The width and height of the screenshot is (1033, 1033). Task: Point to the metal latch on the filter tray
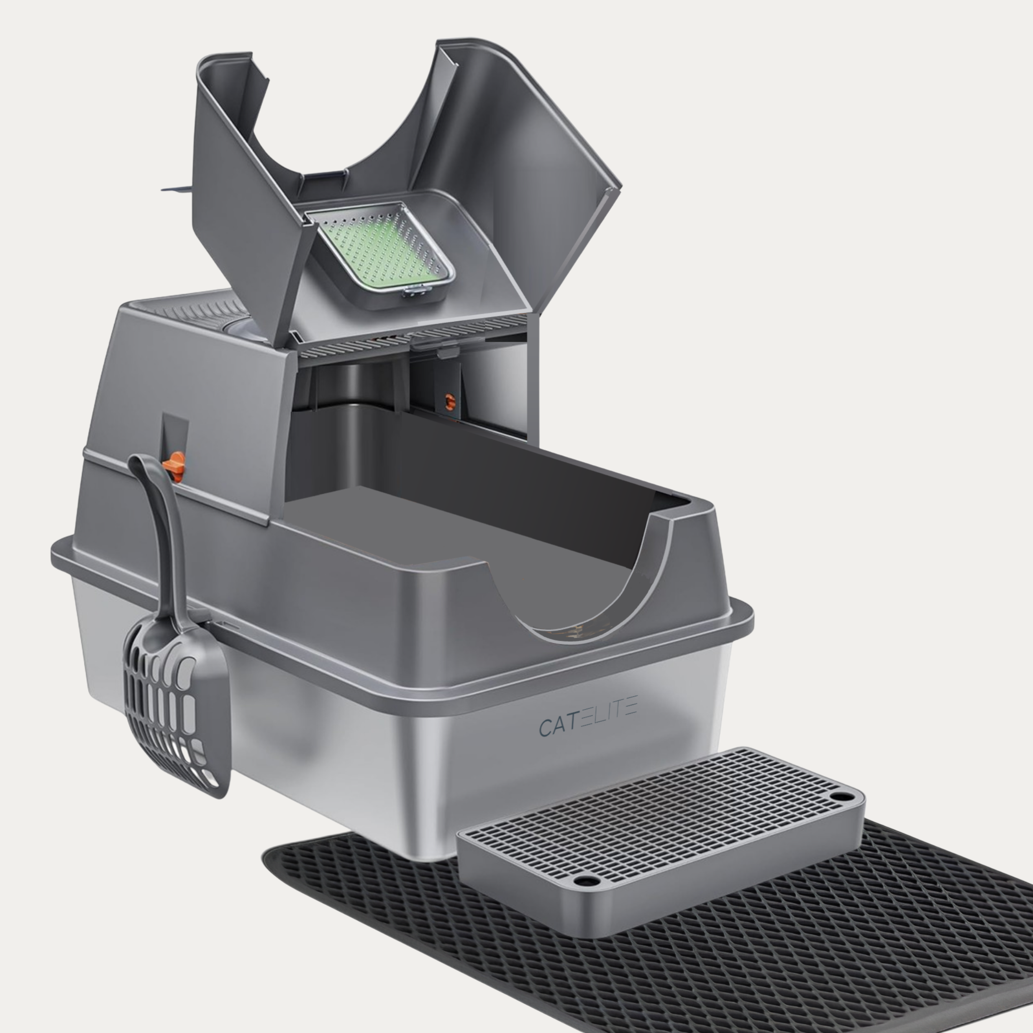418,291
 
